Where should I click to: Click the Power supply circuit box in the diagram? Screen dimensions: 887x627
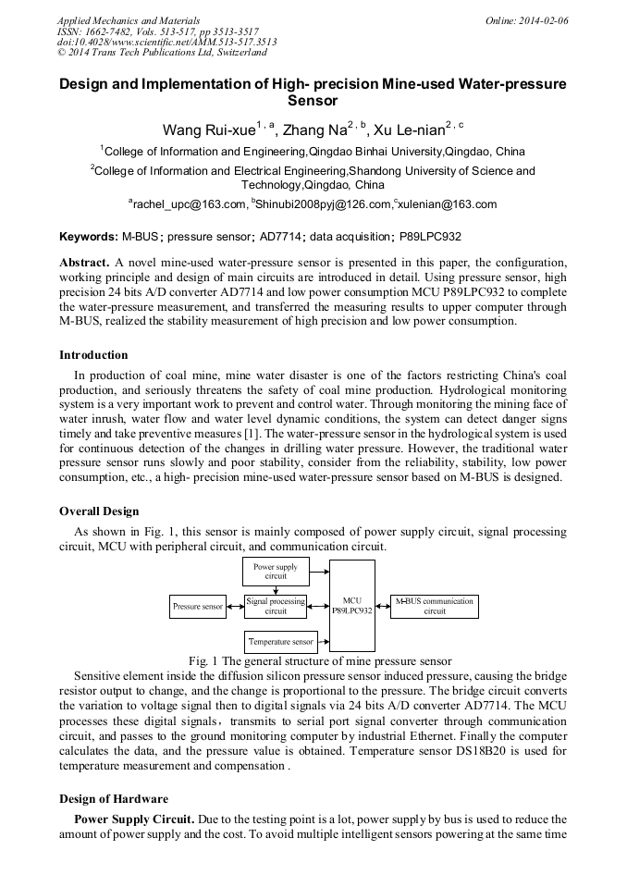pos(276,572)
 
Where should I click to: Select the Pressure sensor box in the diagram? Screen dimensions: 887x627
pos(198,607)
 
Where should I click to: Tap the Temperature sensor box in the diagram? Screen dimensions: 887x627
pos(281,641)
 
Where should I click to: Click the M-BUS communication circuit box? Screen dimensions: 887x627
pos(435,606)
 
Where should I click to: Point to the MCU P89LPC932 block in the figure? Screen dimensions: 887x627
pos(352,606)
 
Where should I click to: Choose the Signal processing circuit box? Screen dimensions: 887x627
pos(276,606)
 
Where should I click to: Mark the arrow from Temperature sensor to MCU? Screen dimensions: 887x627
pos(324,641)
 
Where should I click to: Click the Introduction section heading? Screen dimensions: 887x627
pos(93,355)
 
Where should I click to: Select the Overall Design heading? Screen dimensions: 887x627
pos(99,511)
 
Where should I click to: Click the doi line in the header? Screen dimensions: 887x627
pos(166,42)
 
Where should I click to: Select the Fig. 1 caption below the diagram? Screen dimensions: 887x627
pos(319,661)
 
